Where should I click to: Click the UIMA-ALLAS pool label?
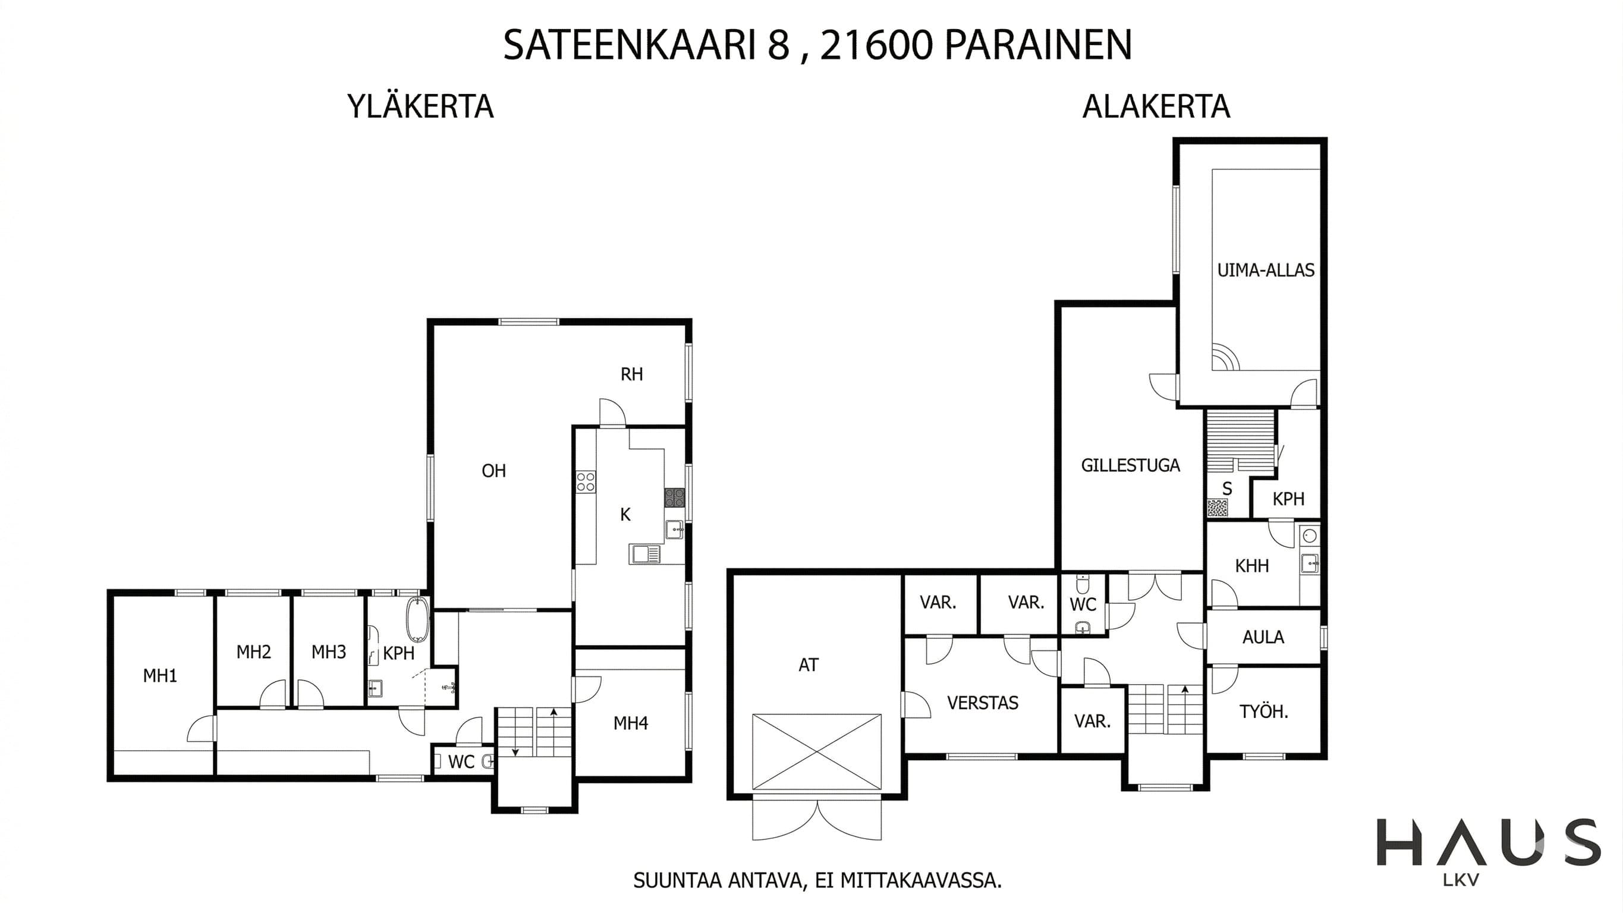click(1265, 270)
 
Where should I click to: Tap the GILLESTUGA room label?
click(1130, 465)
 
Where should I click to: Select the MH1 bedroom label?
click(160, 676)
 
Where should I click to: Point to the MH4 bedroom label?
click(631, 723)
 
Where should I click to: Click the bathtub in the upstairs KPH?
click(417, 619)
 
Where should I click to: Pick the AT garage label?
click(809, 665)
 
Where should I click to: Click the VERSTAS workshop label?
click(982, 703)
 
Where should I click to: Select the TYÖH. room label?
click(1264, 712)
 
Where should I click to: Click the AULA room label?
click(1263, 637)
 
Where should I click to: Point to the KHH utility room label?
click(1252, 566)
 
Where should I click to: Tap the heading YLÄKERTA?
click(420, 106)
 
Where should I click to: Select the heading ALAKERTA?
click(1156, 106)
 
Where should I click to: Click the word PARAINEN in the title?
click(1039, 45)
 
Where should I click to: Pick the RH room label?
click(632, 374)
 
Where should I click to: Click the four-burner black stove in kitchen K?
click(674, 498)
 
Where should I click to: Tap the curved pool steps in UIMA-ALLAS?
click(1225, 357)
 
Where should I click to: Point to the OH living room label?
click(494, 471)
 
